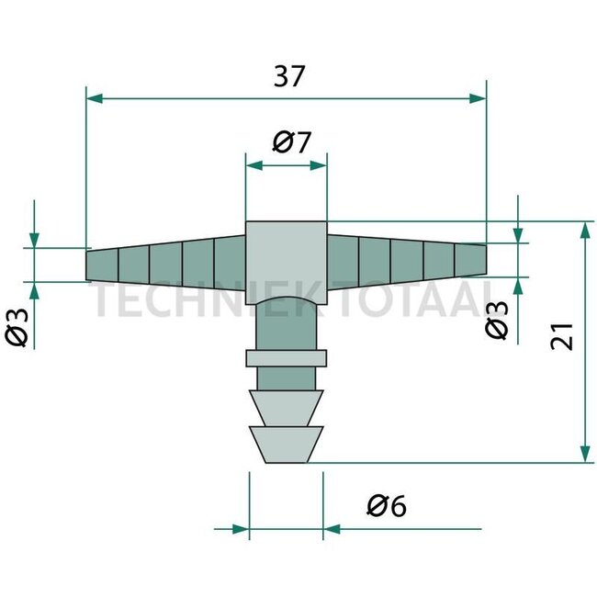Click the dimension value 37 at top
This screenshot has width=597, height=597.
tap(287, 78)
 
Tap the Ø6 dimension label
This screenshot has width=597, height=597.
tap(386, 504)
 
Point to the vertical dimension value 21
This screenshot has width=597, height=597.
tap(564, 336)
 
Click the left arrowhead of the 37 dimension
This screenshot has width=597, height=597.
tap(93, 97)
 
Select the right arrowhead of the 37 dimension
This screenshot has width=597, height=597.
tap(478, 97)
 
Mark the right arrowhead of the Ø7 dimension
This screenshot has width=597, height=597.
tap(319, 165)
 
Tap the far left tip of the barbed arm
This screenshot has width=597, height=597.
tap(88, 265)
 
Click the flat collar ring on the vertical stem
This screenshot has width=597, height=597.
tap(286, 357)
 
